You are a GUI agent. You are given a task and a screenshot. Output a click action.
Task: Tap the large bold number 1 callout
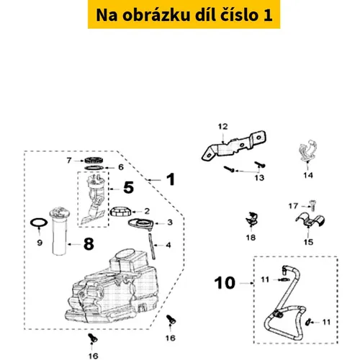171,179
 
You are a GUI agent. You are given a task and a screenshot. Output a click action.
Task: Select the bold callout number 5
128,187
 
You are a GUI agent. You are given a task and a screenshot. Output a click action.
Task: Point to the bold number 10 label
225,283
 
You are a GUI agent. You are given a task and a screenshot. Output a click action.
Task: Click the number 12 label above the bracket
222,127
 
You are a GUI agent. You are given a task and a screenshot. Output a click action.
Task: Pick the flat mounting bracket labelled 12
234,146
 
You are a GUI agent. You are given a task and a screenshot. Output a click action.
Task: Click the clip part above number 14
308,150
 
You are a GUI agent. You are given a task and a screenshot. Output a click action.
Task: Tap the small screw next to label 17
312,205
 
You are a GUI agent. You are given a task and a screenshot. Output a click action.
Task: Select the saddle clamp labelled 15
310,220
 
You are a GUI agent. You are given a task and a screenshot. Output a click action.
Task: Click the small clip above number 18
251,219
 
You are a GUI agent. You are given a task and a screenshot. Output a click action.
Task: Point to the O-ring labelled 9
39,222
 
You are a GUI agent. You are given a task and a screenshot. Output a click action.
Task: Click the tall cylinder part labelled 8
60,231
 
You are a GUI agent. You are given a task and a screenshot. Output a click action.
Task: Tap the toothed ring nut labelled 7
94,160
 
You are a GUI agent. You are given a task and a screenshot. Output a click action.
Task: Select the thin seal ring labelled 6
94,168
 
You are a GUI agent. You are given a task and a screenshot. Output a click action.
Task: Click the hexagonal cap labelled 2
121,211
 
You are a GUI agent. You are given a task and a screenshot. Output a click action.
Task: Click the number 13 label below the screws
259,178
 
